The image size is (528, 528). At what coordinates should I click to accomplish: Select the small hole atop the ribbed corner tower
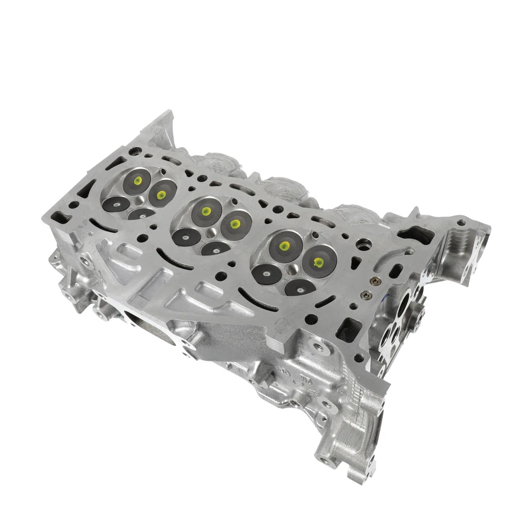(x=460, y=223)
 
